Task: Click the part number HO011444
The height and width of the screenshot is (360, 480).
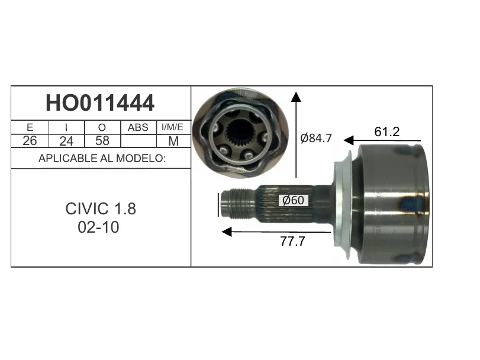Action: click(100, 103)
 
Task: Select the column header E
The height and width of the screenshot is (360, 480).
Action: click(30, 127)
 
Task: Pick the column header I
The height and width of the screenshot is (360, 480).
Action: click(66, 127)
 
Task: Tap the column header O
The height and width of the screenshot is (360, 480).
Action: click(102, 127)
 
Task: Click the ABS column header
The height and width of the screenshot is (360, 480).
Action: click(138, 127)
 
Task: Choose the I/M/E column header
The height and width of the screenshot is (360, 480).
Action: click(172, 127)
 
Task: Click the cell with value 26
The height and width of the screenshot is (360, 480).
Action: click(30, 141)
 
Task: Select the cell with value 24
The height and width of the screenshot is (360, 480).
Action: click(66, 141)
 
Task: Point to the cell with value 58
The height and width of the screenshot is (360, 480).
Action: click(102, 141)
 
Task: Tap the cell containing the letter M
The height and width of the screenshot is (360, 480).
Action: click(173, 141)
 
